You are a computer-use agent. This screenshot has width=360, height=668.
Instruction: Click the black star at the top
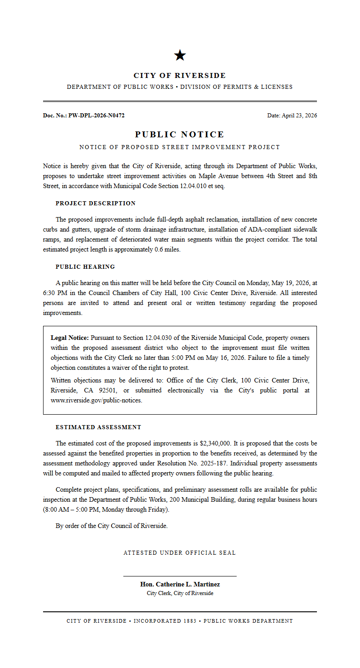[180, 55]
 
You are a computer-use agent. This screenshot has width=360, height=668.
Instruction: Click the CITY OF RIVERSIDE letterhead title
[180, 76]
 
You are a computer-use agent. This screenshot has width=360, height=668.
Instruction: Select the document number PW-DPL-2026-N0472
[96, 116]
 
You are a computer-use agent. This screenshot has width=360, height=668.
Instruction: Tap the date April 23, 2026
[299, 116]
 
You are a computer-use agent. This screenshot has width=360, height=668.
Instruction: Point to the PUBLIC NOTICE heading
[180, 135]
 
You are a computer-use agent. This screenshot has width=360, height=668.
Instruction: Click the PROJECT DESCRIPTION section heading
[95, 203]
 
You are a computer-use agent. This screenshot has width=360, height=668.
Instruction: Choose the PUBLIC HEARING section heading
[85, 267]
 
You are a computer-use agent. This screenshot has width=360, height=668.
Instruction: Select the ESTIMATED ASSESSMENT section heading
[98, 427]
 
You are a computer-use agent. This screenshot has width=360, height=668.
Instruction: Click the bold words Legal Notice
[70, 338]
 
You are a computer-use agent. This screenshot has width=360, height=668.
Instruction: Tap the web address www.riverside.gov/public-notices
[96, 401]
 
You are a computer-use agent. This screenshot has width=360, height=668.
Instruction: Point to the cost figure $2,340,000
[215, 444]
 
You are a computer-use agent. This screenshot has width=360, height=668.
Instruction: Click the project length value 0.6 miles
[167, 250]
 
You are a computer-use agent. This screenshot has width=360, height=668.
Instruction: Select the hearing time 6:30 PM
[54, 293]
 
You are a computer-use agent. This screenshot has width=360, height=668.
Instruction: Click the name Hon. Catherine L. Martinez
[180, 585]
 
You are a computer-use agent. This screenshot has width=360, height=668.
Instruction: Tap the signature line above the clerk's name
[180, 576]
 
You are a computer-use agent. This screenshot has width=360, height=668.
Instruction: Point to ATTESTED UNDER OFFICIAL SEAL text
[180, 553]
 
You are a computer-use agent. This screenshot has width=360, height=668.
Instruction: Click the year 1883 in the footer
[190, 621]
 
